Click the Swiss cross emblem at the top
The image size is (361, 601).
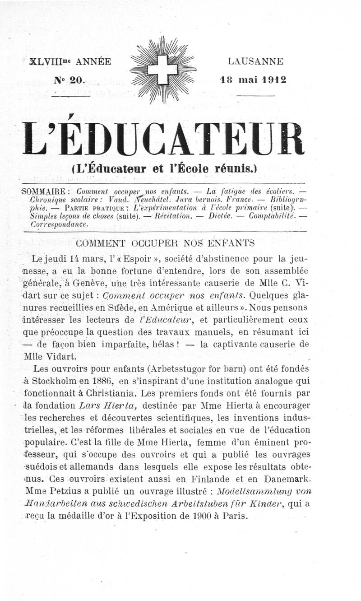tap(163, 70)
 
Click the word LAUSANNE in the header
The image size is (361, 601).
tap(255, 61)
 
